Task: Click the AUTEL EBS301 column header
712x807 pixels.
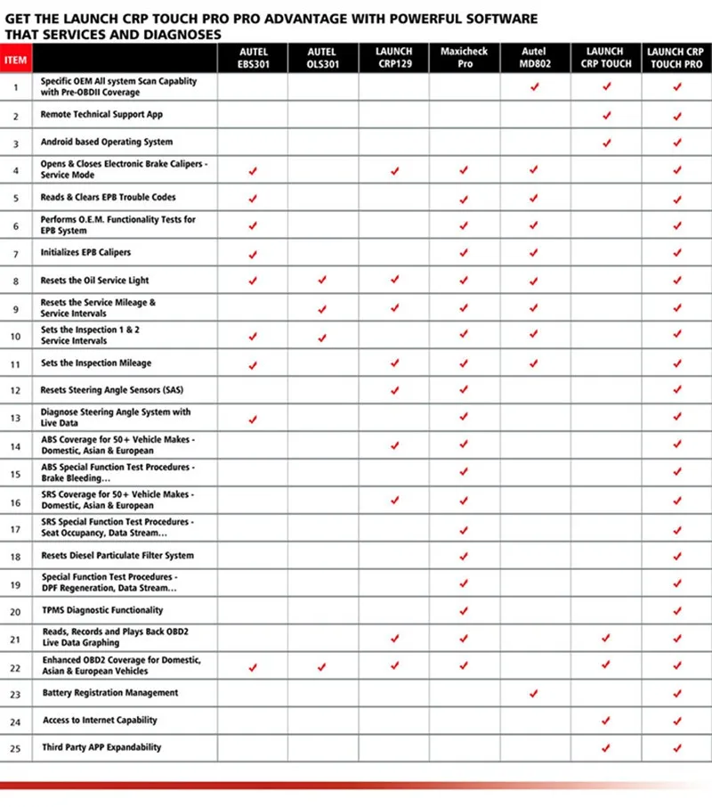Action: (253, 58)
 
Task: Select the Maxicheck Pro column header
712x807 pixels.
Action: (464, 58)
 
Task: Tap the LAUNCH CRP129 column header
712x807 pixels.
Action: (394, 58)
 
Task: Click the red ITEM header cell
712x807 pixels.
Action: (16, 61)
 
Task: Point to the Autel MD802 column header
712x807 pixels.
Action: (534, 58)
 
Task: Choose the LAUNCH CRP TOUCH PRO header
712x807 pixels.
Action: (676, 58)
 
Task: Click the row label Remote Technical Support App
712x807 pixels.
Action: (101, 115)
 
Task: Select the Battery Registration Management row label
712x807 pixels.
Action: (110, 693)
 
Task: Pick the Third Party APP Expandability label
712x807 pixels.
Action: (102, 747)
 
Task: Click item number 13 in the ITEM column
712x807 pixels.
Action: (16, 418)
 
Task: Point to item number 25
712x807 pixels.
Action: (16, 748)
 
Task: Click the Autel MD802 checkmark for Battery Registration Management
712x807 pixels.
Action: (534, 693)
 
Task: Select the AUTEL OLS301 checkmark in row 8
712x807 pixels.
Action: (322, 281)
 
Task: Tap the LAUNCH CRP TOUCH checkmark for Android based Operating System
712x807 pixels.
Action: (607, 143)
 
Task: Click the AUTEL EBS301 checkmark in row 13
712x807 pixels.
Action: (253, 418)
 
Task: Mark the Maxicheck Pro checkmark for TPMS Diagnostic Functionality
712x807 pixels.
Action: (464, 611)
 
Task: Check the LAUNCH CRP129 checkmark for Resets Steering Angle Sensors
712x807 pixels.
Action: (394, 390)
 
